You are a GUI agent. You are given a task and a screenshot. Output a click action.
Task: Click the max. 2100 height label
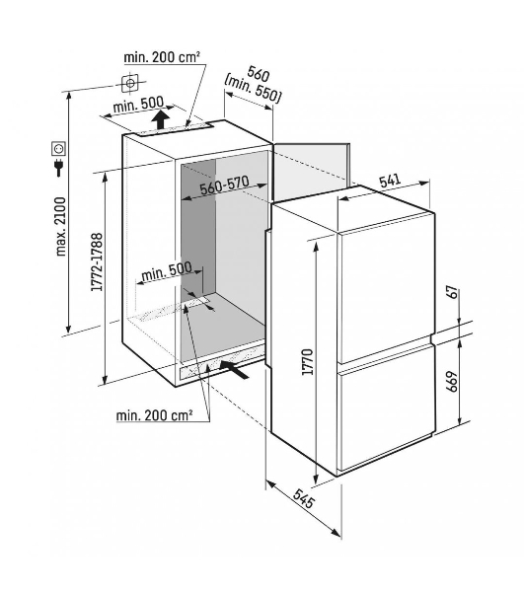(61, 226)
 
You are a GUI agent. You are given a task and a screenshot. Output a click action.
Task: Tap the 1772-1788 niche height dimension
(97, 262)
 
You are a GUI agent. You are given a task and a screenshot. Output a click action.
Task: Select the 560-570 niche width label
(225, 185)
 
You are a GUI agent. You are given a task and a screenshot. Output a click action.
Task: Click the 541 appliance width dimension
(390, 181)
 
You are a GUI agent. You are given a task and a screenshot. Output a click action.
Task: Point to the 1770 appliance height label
(308, 362)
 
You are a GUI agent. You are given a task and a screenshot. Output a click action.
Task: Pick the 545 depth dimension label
(303, 498)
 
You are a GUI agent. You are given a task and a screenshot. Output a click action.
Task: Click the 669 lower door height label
(453, 382)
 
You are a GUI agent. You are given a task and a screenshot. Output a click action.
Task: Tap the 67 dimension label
(453, 293)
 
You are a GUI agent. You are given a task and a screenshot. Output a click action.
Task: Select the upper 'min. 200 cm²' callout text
(162, 57)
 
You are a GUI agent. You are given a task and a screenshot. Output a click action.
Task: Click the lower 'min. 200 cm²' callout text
(154, 415)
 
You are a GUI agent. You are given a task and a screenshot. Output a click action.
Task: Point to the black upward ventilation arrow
(161, 119)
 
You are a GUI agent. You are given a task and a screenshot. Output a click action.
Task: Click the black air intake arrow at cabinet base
(234, 369)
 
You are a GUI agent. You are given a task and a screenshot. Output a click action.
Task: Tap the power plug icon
(59, 168)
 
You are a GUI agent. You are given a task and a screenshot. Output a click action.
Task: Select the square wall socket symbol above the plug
(59, 148)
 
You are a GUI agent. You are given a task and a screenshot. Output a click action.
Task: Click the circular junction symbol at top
(130, 83)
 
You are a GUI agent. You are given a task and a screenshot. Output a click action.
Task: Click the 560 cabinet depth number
(259, 73)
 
